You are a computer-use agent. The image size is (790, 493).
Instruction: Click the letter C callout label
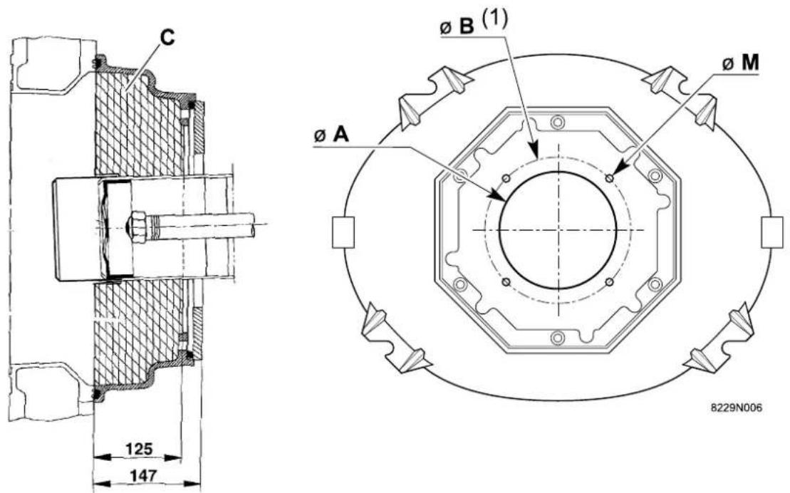point(168,37)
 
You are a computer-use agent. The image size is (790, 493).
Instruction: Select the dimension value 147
point(144,476)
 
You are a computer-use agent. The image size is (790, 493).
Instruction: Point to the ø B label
point(457,27)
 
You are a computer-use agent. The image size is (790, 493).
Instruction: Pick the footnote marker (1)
point(494,19)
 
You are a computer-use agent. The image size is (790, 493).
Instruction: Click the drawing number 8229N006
point(736,408)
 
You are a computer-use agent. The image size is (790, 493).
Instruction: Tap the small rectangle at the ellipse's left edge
point(343,232)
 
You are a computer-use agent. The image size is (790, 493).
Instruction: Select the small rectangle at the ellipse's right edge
point(772,232)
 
